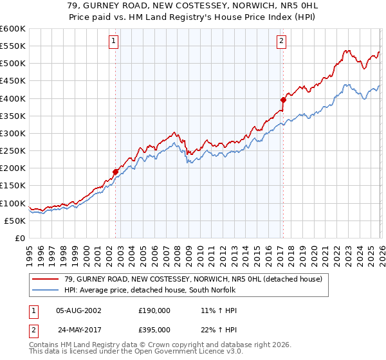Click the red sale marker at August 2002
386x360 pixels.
pyautogui.click(x=116, y=172)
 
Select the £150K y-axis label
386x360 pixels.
pyautogui.click(x=13, y=186)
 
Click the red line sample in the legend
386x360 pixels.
pyautogui.click(x=46, y=278)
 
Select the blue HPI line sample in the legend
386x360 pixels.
pyautogui.click(x=46, y=290)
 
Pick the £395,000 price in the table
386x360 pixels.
pyautogui.click(x=153, y=329)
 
